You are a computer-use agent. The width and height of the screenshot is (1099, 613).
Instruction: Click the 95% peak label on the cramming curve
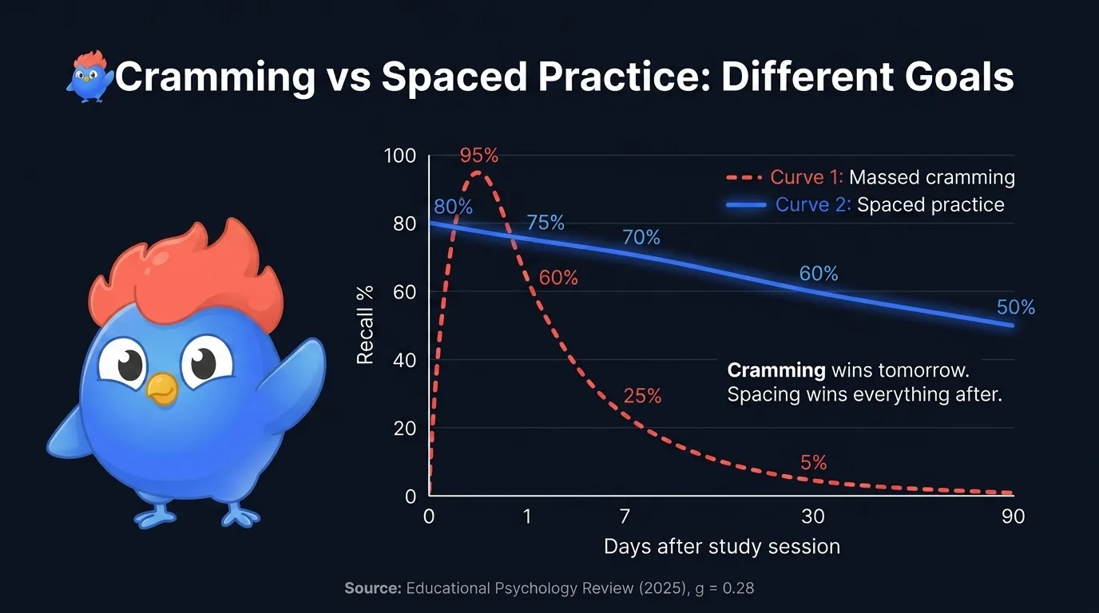coord(478,156)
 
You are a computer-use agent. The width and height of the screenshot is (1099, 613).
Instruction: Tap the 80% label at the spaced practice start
coord(453,207)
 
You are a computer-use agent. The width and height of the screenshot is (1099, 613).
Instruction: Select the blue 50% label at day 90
coord(1015,307)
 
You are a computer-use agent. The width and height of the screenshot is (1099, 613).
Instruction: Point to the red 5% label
coord(813,463)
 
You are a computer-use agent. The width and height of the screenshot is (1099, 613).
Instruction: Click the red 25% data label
coord(642,396)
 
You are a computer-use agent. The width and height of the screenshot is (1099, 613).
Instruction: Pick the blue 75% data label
coord(546,223)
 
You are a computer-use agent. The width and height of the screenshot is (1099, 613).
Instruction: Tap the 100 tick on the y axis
coord(400,156)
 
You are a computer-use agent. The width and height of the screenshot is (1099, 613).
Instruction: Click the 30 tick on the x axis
coord(813,516)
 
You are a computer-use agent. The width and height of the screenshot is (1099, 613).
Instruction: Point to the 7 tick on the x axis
coord(625,516)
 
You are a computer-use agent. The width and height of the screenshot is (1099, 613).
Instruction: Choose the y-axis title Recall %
coord(365,326)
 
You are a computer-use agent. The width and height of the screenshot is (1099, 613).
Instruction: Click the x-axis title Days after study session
coord(722,547)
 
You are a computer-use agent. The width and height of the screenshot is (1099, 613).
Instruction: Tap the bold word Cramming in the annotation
coord(776,370)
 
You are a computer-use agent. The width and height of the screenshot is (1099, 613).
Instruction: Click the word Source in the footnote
coord(372,589)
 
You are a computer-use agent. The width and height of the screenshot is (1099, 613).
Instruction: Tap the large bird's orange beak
coord(163,388)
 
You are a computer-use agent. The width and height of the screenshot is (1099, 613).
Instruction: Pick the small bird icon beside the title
coord(89,77)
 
